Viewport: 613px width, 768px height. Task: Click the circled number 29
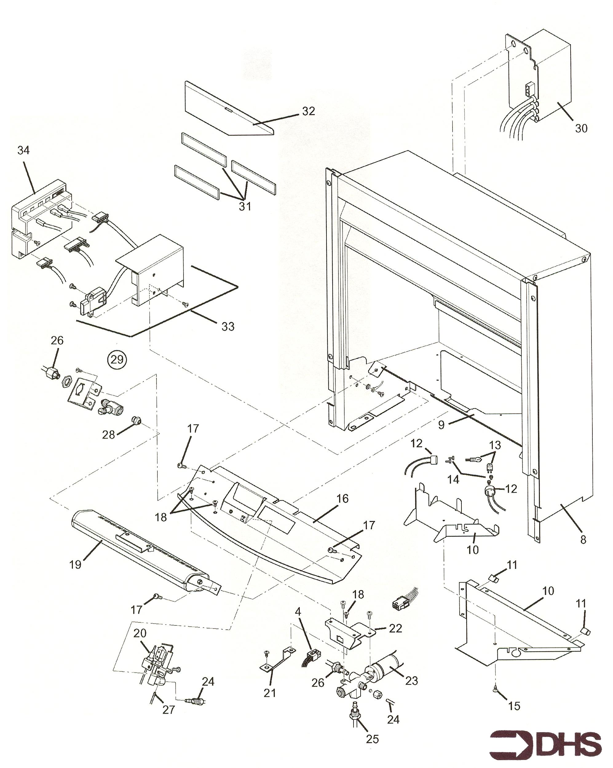pyautogui.click(x=117, y=360)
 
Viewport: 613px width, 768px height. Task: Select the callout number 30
pyautogui.click(x=581, y=128)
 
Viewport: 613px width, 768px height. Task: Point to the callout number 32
pyautogui.click(x=308, y=111)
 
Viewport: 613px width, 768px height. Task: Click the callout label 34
pyautogui.click(x=24, y=150)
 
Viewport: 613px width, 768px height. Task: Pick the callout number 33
pyautogui.click(x=228, y=326)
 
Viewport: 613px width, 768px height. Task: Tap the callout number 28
pyautogui.click(x=109, y=435)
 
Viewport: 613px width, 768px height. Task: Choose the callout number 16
pyautogui.click(x=342, y=499)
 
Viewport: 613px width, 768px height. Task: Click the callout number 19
pyautogui.click(x=75, y=565)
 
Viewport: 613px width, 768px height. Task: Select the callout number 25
pyautogui.click(x=372, y=739)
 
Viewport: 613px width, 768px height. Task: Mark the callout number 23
pyautogui.click(x=411, y=681)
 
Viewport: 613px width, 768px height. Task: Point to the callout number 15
pyautogui.click(x=514, y=706)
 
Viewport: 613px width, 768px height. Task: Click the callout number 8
pyautogui.click(x=583, y=540)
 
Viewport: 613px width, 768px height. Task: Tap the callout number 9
pyautogui.click(x=441, y=425)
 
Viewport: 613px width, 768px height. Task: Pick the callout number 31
pyautogui.click(x=245, y=206)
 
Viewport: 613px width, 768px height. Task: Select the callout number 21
pyautogui.click(x=270, y=693)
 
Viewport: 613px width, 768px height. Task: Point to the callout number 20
pyautogui.click(x=140, y=633)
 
